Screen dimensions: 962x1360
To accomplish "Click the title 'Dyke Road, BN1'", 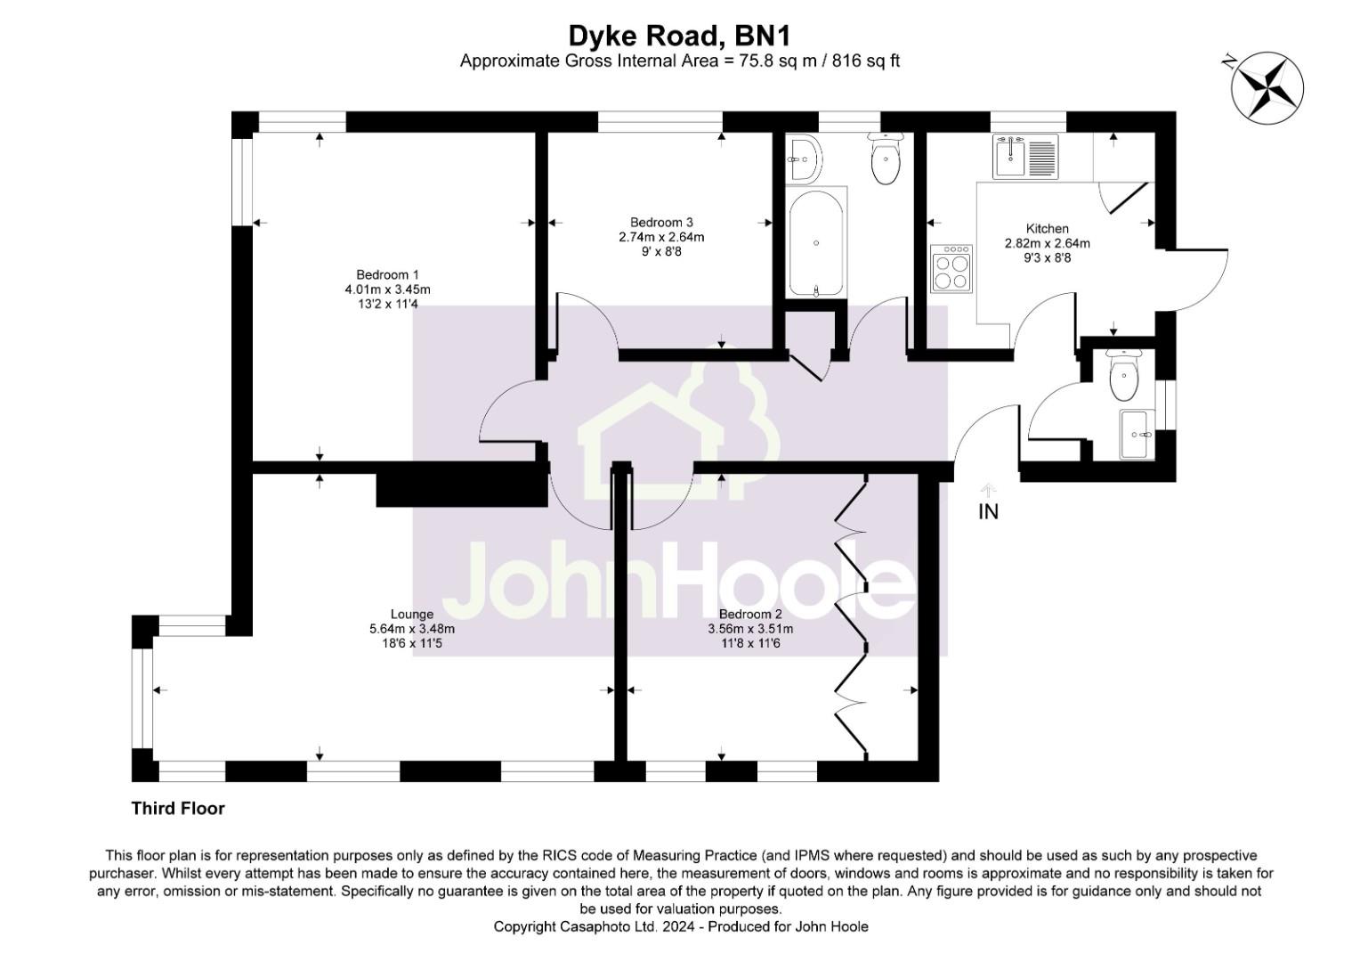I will [679, 36].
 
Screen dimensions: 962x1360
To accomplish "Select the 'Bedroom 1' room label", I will [387, 274].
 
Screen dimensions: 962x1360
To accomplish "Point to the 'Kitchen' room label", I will [1047, 229].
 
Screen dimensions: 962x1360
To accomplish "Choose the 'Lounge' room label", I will [411, 614].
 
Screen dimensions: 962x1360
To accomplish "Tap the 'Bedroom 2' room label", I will [749, 614].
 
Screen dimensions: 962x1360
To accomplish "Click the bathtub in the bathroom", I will [816, 242].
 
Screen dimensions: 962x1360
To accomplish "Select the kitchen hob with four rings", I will [951, 268].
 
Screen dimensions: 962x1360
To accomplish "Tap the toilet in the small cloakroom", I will [1124, 377].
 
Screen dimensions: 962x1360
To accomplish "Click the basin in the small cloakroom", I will [1137, 434].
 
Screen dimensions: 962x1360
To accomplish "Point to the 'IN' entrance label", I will [988, 512].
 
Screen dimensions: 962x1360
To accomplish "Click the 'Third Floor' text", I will [178, 809].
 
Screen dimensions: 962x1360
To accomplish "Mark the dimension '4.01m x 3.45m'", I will [387, 289].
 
